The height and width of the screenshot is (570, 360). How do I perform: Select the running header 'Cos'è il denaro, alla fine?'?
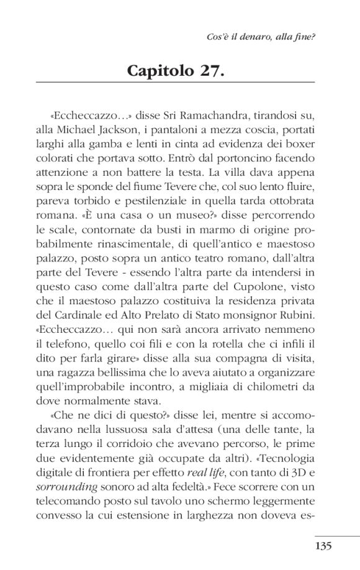pyautogui.click(x=261, y=37)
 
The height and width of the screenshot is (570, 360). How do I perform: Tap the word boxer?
pyautogui.click(x=299, y=146)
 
